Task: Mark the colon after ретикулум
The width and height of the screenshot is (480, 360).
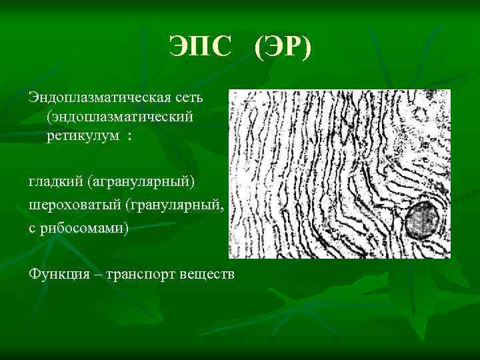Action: pos(129,137)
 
